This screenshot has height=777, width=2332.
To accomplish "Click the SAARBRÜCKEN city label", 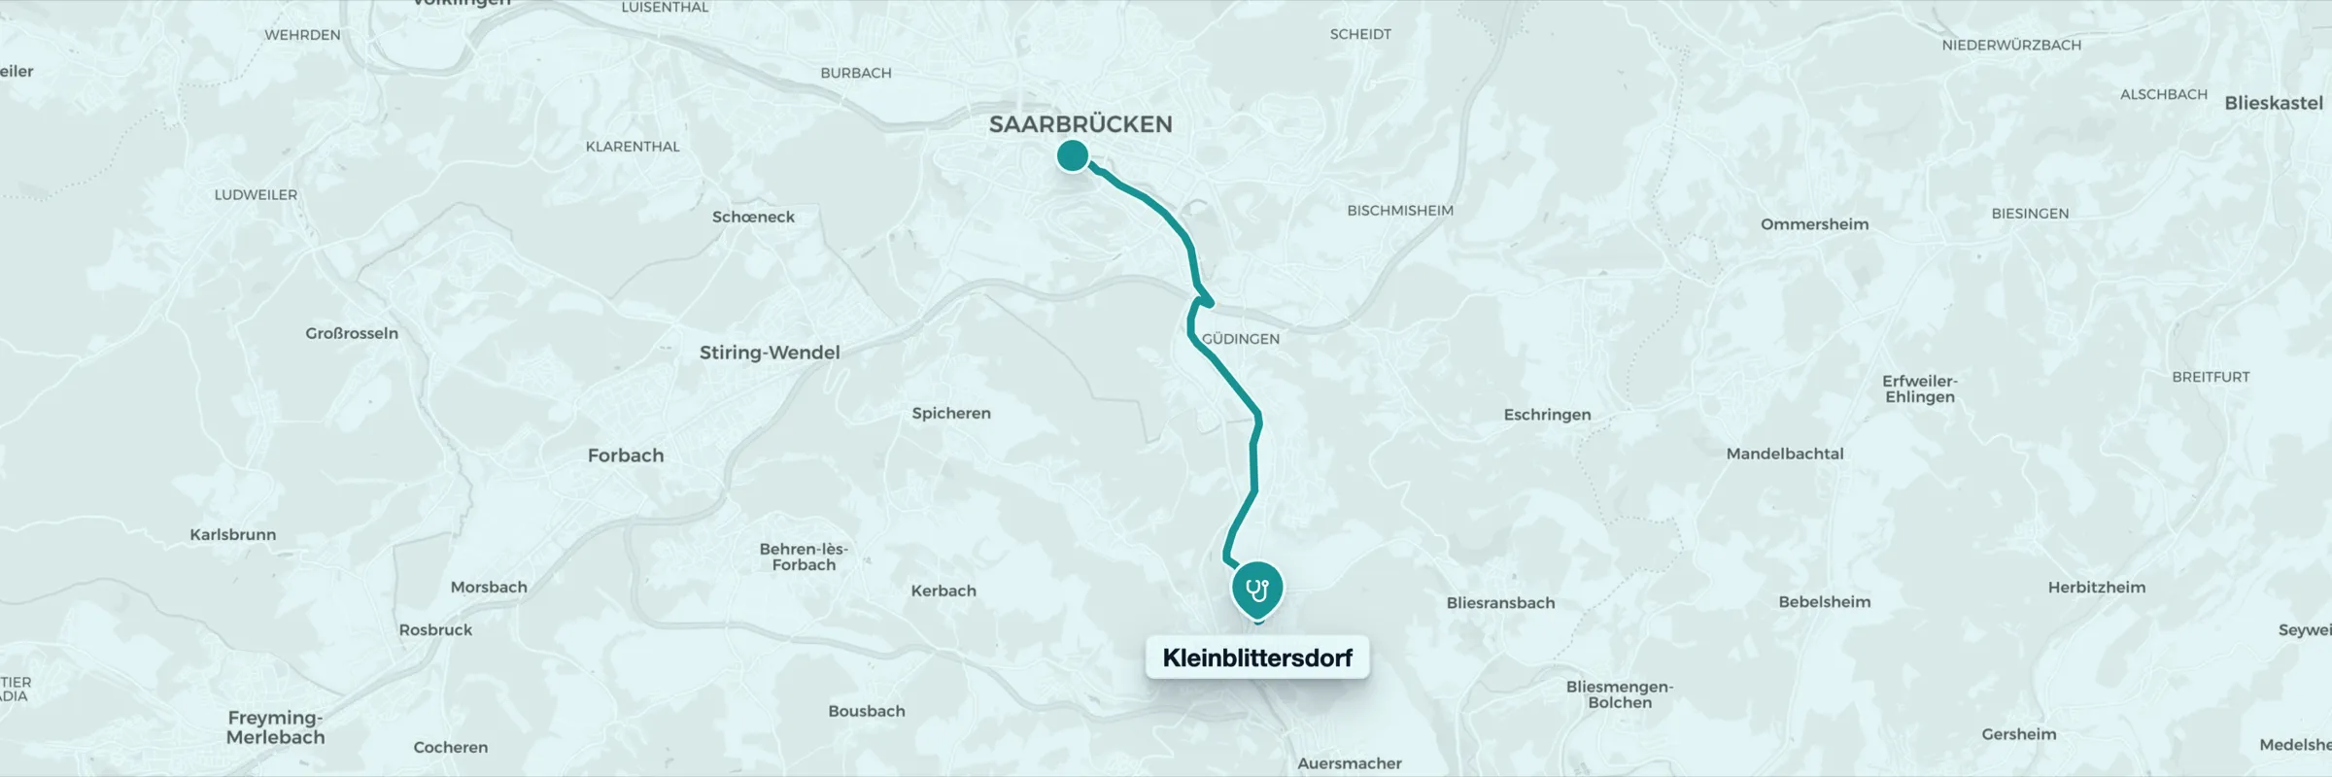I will [x=1080, y=124].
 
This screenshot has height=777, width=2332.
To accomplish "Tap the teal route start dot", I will [x=1073, y=155].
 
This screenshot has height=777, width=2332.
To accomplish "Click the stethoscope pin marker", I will [x=1257, y=589].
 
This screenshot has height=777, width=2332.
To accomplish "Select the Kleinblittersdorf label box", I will [x=1257, y=658].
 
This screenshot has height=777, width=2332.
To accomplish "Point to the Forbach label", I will [x=626, y=456].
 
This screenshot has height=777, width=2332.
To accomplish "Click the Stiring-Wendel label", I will [x=770, y=353].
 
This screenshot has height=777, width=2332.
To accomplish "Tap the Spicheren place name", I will [x=951, y=413].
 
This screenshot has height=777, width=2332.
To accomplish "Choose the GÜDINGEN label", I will [x=1241, y=339].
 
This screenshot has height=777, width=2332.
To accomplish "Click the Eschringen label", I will [x=1547, y=415].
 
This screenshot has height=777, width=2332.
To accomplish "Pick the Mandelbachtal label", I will [x=1785, y=454].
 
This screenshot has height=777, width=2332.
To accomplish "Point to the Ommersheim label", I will [x=1814, y=224].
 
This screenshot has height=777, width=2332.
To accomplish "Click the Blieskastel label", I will [x=2274, y=103].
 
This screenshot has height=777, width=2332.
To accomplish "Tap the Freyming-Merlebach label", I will [x=275, y=727].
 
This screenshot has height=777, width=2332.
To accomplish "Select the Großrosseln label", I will [x=352, y=333].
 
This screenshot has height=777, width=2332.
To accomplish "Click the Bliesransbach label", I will [x=1500, y=603].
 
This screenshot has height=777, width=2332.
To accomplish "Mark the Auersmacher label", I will [x=1350, y=763].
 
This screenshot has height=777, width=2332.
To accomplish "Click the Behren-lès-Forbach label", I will [x=804, y=557].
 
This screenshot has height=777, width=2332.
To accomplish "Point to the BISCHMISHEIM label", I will [x=1400, y=211].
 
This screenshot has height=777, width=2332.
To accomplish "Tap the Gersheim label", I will [x=2019, y=734].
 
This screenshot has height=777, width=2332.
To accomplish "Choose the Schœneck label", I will [x=753, y=217].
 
